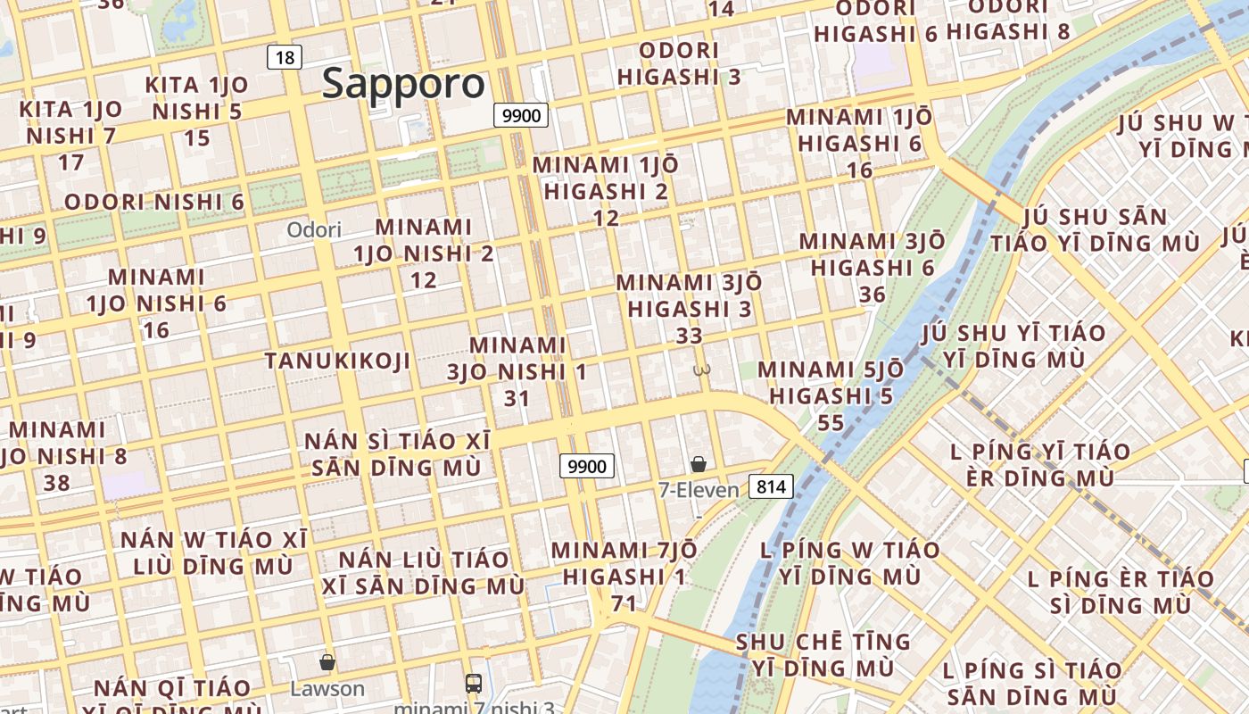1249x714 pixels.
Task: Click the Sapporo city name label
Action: (403, 84)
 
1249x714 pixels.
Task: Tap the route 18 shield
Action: (285, 58)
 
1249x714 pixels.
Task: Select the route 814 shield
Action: (771, 486)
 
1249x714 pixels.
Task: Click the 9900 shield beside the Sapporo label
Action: (521, 115)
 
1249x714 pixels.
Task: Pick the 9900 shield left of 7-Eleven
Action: (587, 466)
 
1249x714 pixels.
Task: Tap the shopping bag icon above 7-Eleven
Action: (699, 464)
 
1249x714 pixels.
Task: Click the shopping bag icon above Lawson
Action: (327, 662)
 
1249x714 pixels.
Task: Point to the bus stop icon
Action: (474, 684)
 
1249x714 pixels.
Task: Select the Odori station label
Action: (314, 230)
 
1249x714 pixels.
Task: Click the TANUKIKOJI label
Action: (337, 361)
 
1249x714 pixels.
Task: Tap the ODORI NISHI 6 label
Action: (154, 202)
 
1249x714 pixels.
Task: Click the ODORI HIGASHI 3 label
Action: (679, 63)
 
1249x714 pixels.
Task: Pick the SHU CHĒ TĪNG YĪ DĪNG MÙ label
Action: (823, 655)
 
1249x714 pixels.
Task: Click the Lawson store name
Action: (327, 689)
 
